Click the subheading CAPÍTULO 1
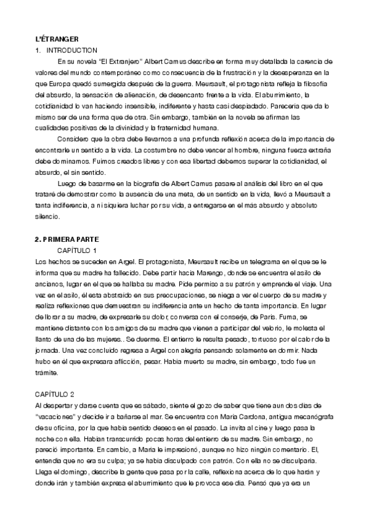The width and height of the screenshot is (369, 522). (x=78, y=250)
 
